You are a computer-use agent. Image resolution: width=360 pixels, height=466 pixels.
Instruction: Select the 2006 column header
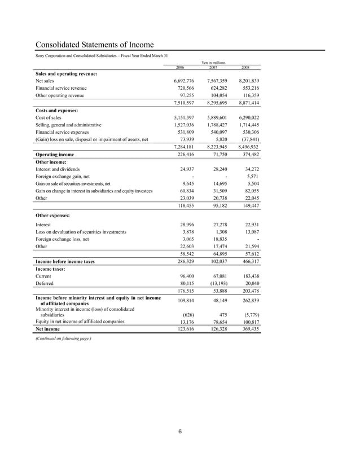point(180,67)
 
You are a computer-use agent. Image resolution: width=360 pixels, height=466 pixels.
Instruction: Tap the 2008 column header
point(245,67)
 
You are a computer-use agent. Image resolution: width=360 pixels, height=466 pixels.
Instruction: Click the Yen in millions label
point(213,63)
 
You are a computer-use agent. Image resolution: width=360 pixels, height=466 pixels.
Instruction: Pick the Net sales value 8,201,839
point(245,81)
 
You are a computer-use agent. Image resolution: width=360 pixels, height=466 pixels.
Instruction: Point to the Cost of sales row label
point(51,117)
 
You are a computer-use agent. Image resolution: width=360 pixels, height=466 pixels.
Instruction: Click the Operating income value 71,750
point(217,154)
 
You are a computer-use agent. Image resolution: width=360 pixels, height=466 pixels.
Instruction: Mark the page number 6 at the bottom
point(179,432)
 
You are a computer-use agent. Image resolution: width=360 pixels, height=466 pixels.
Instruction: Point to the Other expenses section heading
point(54,215)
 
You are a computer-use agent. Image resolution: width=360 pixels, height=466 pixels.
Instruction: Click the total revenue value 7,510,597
point(181,104)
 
